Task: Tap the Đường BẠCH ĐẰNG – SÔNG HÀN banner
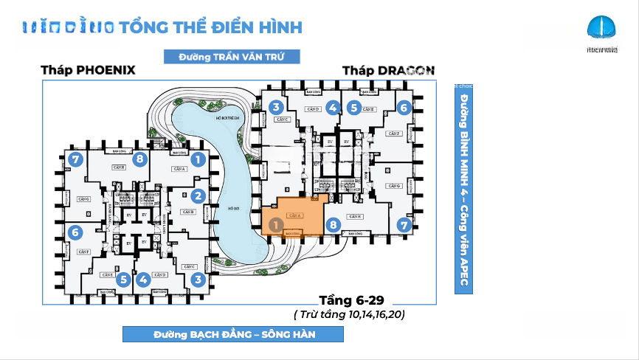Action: pyautogui.click(x=234, y=334)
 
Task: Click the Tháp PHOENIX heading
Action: pyautogui.click(x=89, y=71)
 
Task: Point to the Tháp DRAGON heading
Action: pyautogui.click(x=388, y=71)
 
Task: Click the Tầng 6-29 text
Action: pyautogui.click(x=351, y=300)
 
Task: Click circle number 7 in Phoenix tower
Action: pyautogui.click(x=74, y=159)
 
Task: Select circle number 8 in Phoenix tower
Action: pyautogui.click(x=139, y=159)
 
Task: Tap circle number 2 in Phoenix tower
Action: pyautogui.click(x=198, y=196)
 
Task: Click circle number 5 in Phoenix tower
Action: pyautogui.click(x=123, y=280)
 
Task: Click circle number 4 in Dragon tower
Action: pyautogui.click(x=333, y=108)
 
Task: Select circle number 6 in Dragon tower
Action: pyautogui.click(x=403, y=108)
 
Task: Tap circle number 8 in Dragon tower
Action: pyautogui.click(x=333, y=225)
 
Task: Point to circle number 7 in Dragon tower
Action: pyautogui.click(x=403, y=225)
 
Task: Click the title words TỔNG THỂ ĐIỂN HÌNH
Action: pyautogui.click(x=210, y=27)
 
